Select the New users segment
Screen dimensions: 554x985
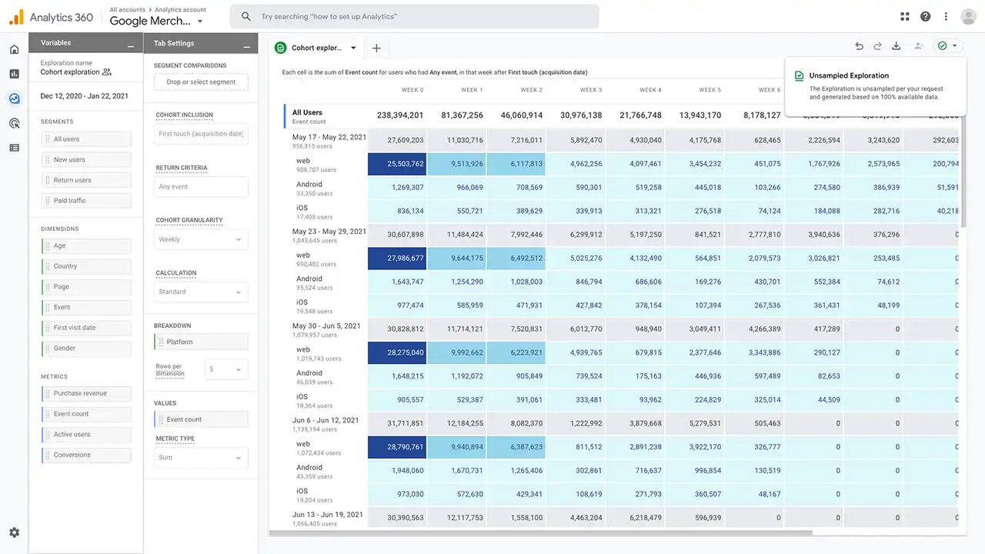[86, 160]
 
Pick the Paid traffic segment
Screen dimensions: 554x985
[86, 201]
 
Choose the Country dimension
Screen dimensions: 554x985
[86, 266]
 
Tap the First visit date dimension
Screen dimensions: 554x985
[86, 328]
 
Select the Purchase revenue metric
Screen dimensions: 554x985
[86, 393]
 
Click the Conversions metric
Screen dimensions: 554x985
[86, 455]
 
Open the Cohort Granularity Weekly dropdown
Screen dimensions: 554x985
[201, 239]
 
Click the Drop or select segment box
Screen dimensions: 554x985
[201, 82]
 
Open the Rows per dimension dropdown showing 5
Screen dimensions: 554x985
[226, 369]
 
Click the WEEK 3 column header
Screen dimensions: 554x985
[590, 90]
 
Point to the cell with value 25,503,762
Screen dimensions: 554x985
[396, 164]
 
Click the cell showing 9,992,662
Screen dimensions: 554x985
[456, 352]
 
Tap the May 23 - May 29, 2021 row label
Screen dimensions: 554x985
[329, 231]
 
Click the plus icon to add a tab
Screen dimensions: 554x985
[376, 48]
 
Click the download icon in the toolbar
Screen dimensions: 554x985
[897, 46]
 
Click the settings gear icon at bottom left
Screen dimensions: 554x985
[14, 532]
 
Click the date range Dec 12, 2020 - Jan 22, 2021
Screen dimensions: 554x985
[85, 96]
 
